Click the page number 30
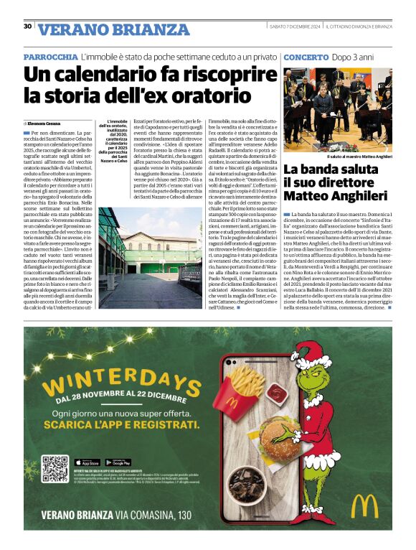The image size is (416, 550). click(x=28, y=27)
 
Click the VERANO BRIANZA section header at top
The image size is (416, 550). click(x=113, y=30)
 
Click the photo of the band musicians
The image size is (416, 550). click(x=337, y=108)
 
